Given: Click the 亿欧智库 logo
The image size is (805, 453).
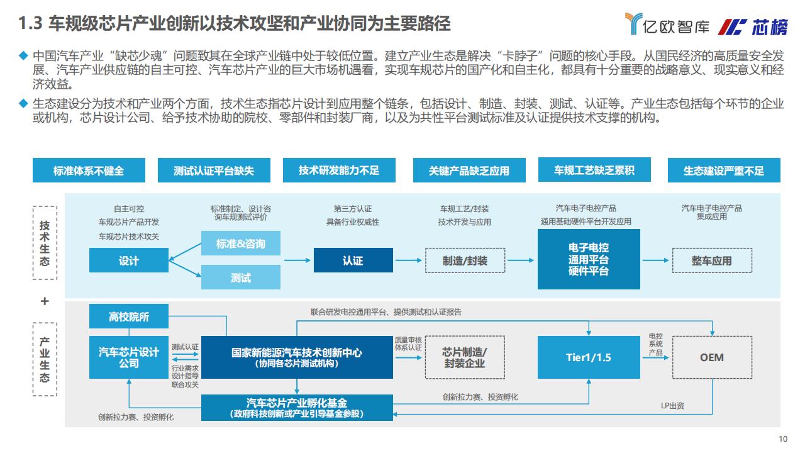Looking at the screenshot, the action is click(x=667, y=24).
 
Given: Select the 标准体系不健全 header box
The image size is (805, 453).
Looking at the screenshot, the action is click(x=89, y=170).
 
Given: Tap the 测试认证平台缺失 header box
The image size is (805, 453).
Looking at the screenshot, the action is click(x=214, y=170).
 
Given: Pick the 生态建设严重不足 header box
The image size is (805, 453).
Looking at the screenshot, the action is click(x=724, y=170).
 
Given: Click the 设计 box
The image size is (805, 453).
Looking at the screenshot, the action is click(x=129, y=260).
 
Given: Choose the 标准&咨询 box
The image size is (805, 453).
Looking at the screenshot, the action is click(x=241, y=243).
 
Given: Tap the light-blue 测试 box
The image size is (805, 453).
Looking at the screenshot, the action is click(x=241, y=277).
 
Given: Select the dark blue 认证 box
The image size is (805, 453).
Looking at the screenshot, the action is click(x=353, y=260).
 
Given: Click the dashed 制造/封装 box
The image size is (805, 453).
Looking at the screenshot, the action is click(x=465, y=260).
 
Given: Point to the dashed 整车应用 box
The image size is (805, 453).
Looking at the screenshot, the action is click(x=712, y=260).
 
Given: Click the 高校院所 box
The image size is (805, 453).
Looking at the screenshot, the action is click(x=129, y=316).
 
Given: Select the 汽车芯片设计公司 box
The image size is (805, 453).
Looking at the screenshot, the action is click(x=129, y=357).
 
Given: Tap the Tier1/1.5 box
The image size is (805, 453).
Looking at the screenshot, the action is click(x=589, y=357).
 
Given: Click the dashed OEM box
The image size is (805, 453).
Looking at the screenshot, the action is click(x=712, y=357).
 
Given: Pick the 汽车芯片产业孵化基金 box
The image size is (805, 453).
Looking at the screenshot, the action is click(x=297, y=408).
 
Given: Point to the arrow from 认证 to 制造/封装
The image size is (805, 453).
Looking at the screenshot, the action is click(x=408, y=260).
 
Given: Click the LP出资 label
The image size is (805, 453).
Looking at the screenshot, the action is click(x=672, y=406).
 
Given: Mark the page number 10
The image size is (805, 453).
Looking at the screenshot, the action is click(x=783, y=439).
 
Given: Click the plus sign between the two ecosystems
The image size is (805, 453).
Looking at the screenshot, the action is click(x=45, y=301).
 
